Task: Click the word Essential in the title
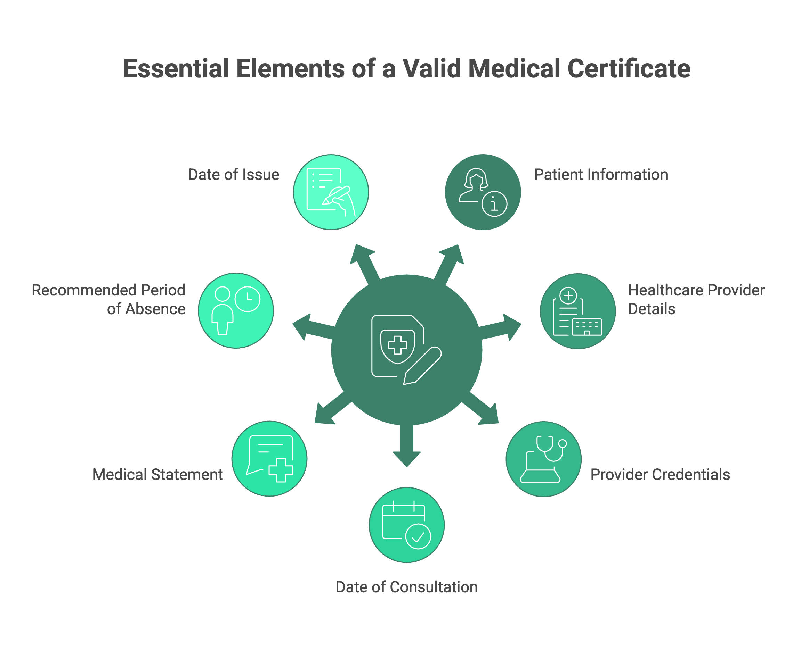(176, 69)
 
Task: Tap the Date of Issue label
(234, 175)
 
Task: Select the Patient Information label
(601, 175)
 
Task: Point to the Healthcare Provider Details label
(696, 300)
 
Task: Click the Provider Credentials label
(660, 474)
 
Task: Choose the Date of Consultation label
(406, 587)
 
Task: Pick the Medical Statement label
(157, 474)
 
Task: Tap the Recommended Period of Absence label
(109, 300)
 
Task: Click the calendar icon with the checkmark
(407, 525)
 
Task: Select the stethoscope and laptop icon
(543, 459)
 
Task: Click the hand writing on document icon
(331, 192)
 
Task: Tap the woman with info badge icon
(483, 192)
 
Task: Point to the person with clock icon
(236, 310)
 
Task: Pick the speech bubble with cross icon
(269, 459)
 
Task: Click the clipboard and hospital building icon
(577, 311)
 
